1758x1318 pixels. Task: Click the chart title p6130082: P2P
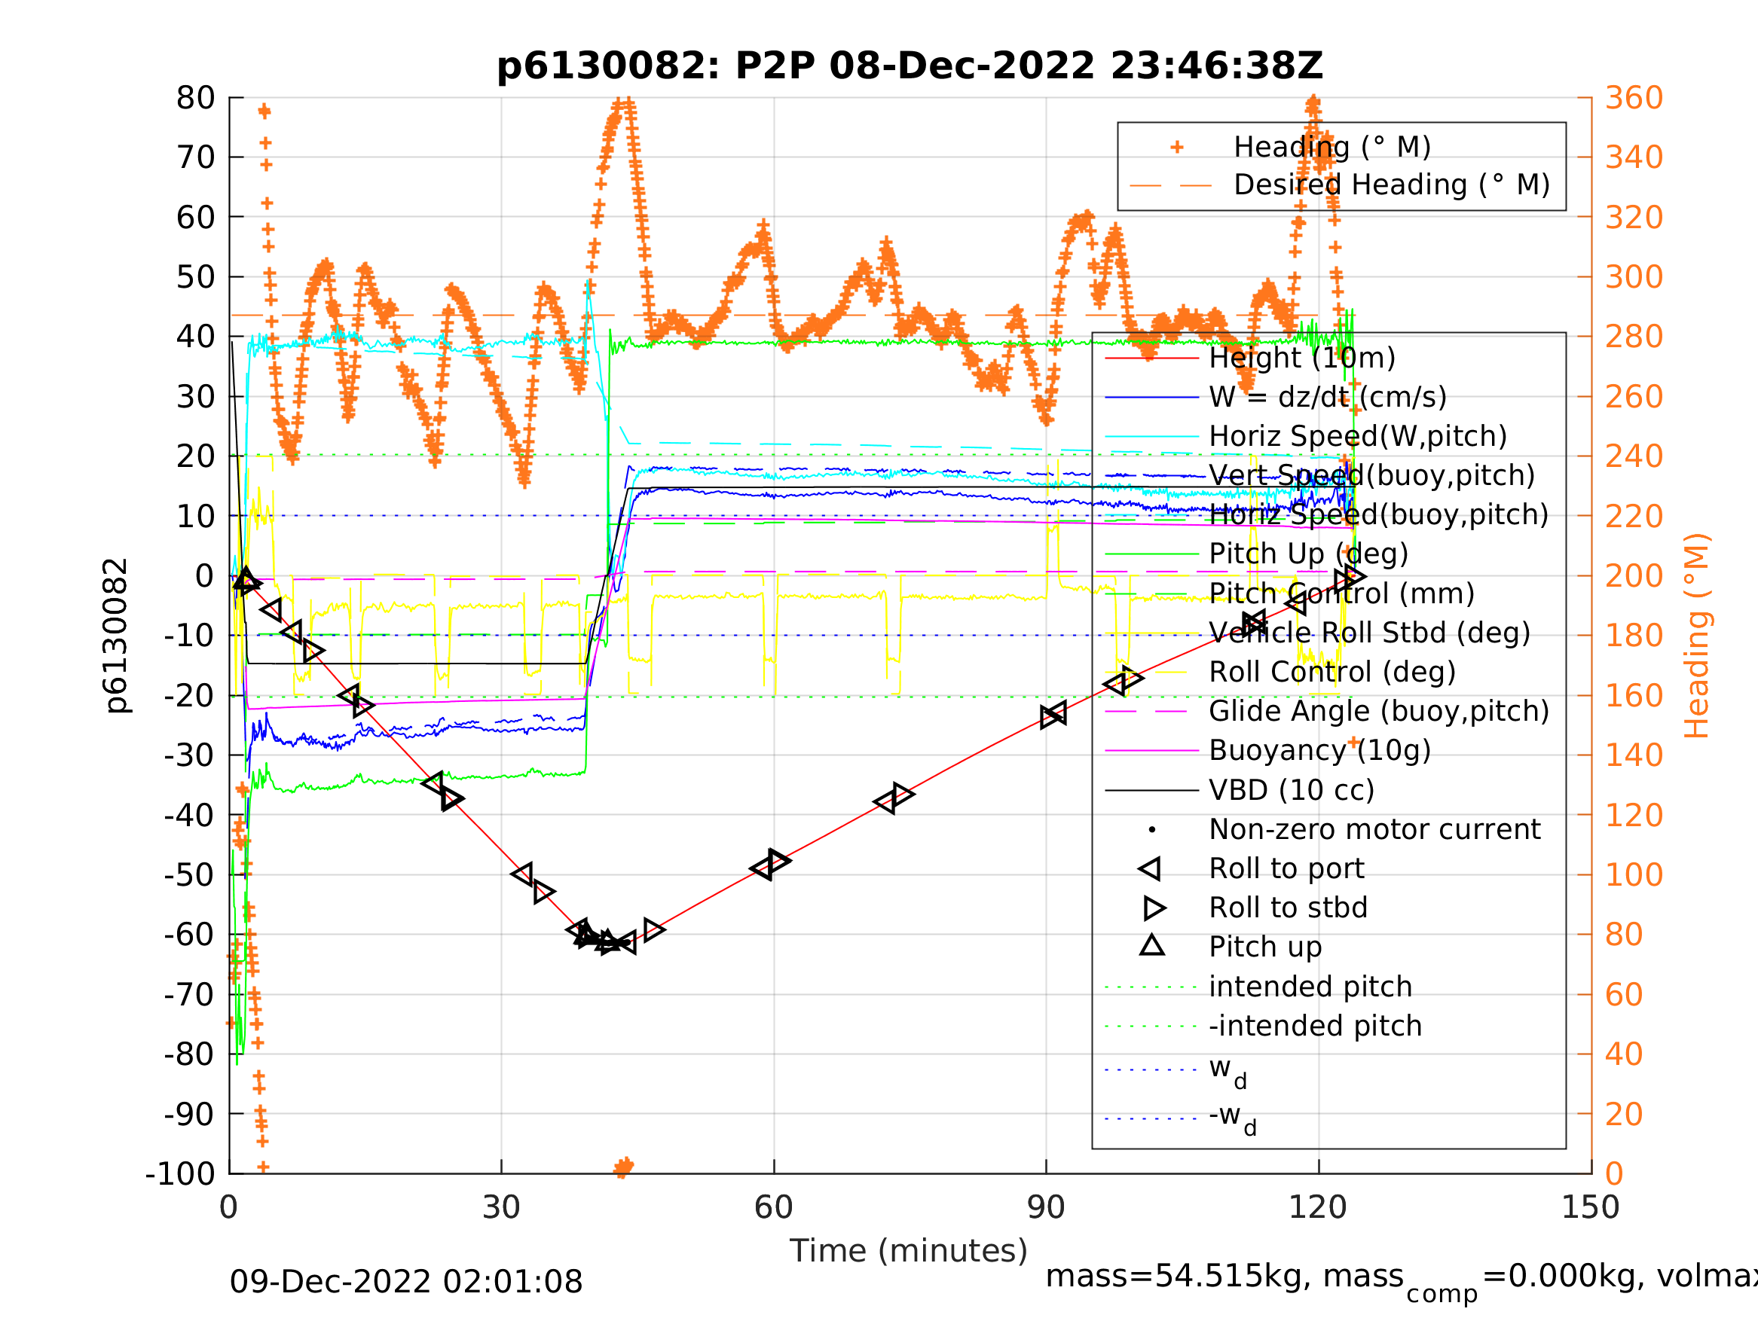pyautogui.click(x=910, y=66)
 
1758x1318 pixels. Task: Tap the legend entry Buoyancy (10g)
pyautogui.click(x=1319, y=751)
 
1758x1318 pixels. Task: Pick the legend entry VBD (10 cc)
pyautogui.click(x=1291, y=791)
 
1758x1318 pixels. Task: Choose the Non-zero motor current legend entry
pyautogui.click(x=1374, y=829)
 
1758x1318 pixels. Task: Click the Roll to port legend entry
pyautogui.click(x=1286, y=869)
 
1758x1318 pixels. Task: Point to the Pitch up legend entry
pyautogui.click(x=1265, y=947)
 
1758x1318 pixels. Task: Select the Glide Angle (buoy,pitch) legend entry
pyautogui.click(x=1378, y=712)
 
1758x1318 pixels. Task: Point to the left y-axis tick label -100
pyautogui.click(x=180, y=1173)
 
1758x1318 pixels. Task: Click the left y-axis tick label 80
pyautogui.click(x=195, y=99)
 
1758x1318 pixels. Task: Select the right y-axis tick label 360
pyautogui.click(x=1634, y=99)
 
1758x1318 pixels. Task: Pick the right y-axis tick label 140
pyautogui.click(x=1634, y=755)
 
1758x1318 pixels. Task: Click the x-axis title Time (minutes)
pyautogui.click(x=909, y=1251)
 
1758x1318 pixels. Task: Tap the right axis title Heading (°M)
pyautogui.click(x=1696, y=636)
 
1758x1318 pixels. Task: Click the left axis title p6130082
pyautogui.click(x=116, y=636)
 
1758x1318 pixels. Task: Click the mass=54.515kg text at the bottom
pyautogui.click(x=1224, y=1277)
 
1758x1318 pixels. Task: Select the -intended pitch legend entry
pyautogui.click(x=1314, y=1027)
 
